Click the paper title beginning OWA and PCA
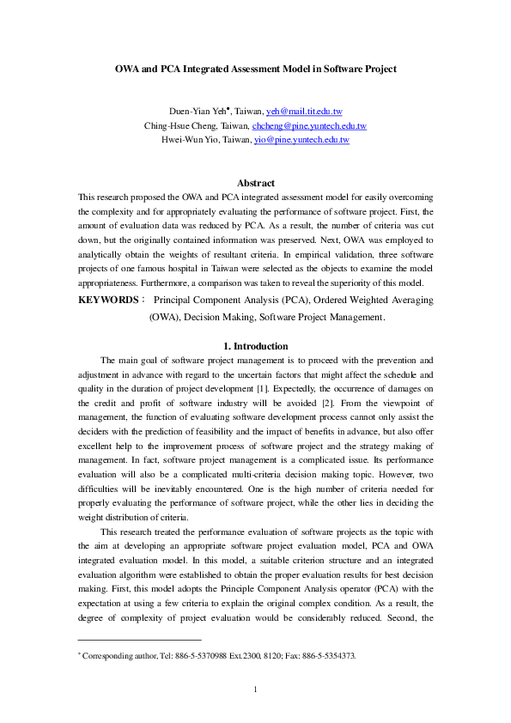[x=255, y=68]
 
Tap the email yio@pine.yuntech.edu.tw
[x=301, y=139]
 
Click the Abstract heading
[x=255, y=183]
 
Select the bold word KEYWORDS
[x=106, y=301]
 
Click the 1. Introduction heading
[x=255, y=346]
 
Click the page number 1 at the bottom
[x=255, y=690]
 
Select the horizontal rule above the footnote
[x=139, y=640]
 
